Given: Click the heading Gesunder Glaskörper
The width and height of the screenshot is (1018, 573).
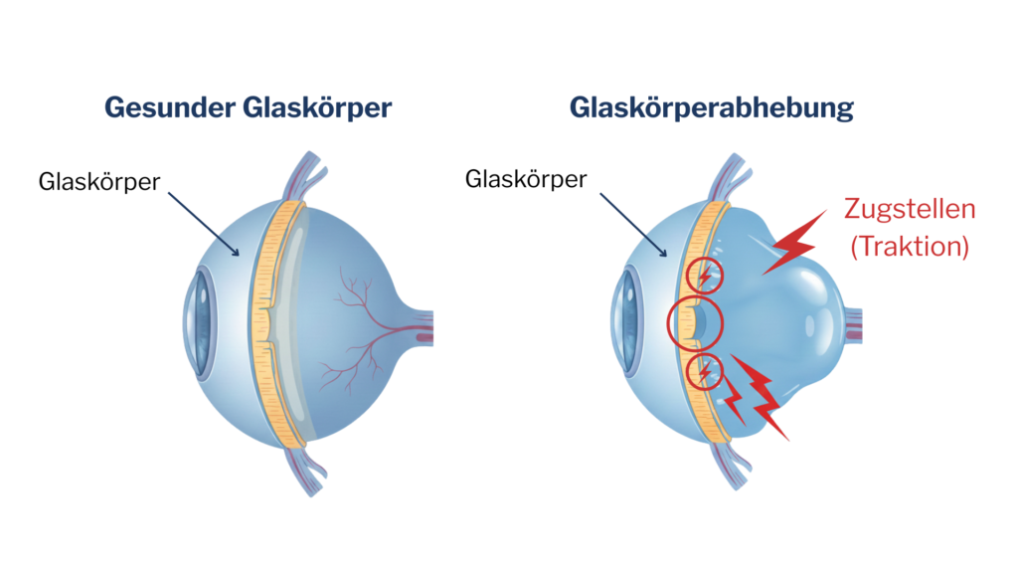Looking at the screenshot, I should tap(248, 107).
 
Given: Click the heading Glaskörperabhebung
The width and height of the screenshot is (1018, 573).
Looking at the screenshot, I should tap(712, 107).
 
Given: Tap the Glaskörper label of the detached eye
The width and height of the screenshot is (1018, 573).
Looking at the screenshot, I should tap(526, 179).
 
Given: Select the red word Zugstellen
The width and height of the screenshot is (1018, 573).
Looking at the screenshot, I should tap(910, 210).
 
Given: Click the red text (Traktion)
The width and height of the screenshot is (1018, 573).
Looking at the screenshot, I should tap(910, 246).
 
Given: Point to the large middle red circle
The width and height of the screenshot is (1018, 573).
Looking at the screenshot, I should tap(694, 321).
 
